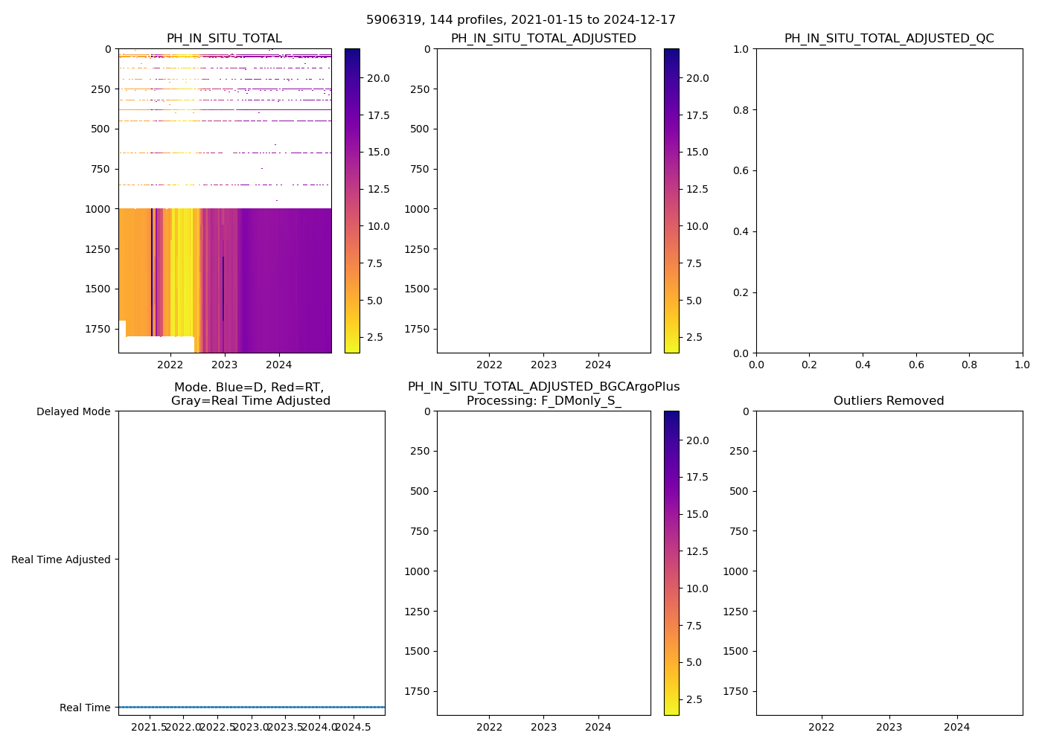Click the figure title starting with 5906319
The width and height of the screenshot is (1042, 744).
pyautogui.click(x=521, y=20)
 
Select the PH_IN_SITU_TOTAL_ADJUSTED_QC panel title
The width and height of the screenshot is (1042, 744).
pyautogui.click(x=889, y=39)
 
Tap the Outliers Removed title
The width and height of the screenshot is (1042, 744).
pyautogui.click(x=889, y=401)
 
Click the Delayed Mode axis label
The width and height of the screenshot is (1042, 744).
pyautogui.click(x=73, y=411)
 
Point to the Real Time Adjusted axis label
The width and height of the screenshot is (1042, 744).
pyautogui.click(x=60, y=559)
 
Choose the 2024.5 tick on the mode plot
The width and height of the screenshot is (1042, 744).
pyautogui.click(x=353, y=727)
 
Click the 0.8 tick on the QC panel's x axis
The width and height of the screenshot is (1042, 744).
pyautogui.click(x=969, y=365)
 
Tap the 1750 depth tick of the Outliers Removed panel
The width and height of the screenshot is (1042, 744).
pyautogui.click(x=735, y=691)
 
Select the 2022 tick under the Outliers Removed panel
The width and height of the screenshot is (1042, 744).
pyautogui.click(x=822, y=727)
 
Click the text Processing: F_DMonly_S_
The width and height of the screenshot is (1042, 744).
pyautogui.click(x=543, y=401)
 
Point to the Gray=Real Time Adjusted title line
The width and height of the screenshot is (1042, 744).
pyautogui.click(x=251, y=401)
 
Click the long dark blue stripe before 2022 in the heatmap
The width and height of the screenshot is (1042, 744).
pyautogui.click(x=152, y=272)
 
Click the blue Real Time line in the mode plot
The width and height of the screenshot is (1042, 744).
pyautogui.click(x=252, y=707)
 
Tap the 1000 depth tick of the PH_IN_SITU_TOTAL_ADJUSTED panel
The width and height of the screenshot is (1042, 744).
pyautogui.click(x=417, y=209)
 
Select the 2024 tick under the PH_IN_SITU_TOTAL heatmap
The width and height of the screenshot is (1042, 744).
pyautogui.click(x=279, y=365)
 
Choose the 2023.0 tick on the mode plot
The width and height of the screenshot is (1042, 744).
pyautogui.click(x=252, y=727)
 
